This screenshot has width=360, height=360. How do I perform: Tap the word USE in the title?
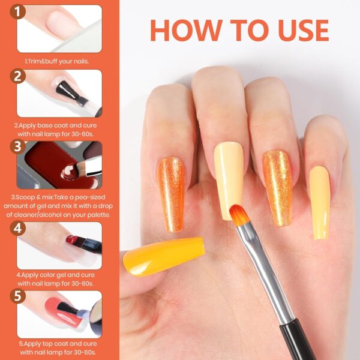[x=298, y=30]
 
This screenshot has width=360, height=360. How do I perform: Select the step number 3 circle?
[x=19, y=146]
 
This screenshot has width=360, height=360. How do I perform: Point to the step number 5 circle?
[x=19, y=296]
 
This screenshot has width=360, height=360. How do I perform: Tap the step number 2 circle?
[x=19, y=76]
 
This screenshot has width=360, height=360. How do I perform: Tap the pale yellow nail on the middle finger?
[x=229, y=172]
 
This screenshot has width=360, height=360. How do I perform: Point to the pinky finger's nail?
[x=320, y=202]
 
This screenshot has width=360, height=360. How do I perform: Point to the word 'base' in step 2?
[x=47, y=125]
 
